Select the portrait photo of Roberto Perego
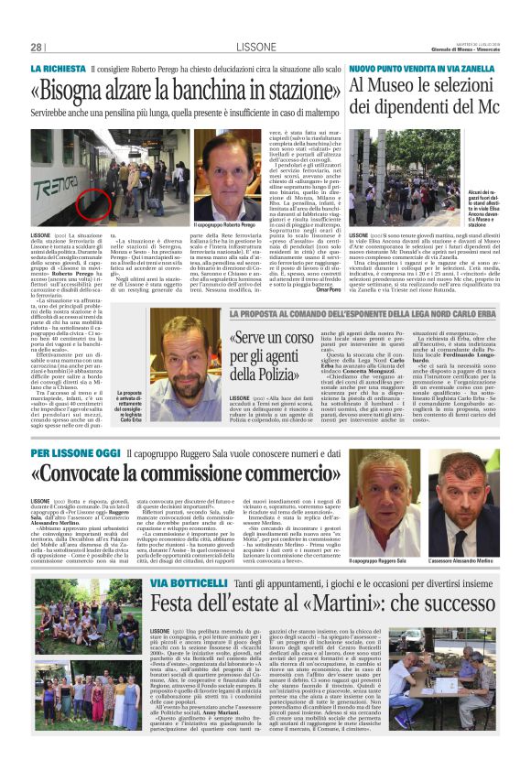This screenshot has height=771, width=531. click(224, 173)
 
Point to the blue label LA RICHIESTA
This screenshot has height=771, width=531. click(61, 71)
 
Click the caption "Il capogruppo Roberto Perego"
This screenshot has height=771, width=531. click(225, 225)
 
